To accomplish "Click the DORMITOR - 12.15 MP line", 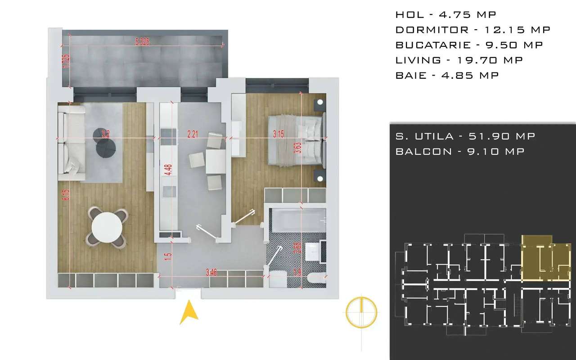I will click(x=472, y=30).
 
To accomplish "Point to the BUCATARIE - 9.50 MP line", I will click(x=469, y=45).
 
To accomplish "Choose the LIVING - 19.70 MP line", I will click(x=459, y=60).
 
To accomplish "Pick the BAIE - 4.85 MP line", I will click(x=447, y=76).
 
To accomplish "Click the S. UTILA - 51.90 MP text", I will click(x=465, y=136).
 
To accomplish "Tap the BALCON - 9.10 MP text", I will click(x=460, y=152).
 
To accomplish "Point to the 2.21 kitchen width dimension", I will click(x=193, y=133).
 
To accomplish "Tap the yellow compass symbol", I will click(x=361, y=311).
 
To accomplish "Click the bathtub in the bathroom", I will click(x=297, y=221).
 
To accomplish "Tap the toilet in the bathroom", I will click(x=317, y=280).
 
